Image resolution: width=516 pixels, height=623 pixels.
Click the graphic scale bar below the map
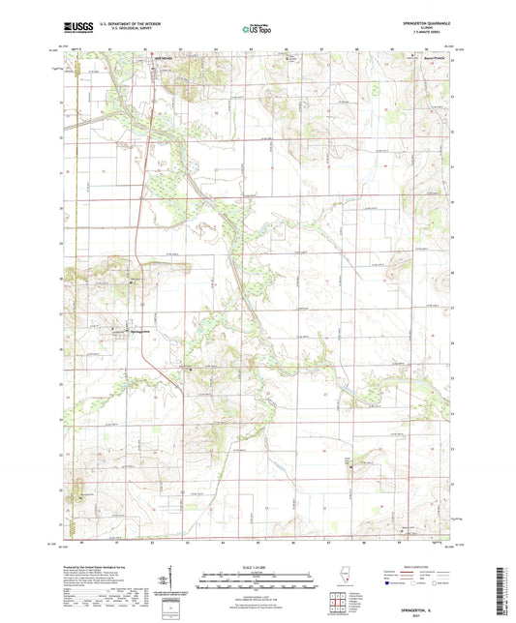[x=257, y=581]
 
